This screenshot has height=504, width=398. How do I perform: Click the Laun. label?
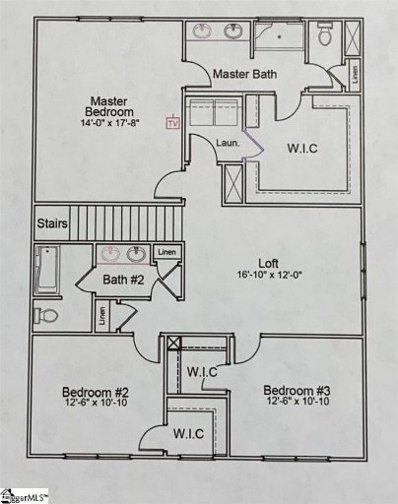[x=229, y=144]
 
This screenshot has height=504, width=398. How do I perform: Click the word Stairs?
[x=53, y=224]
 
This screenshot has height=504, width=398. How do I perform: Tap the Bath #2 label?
[x=124, y=281]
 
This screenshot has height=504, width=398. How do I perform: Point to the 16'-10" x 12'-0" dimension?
[x=268, y=276]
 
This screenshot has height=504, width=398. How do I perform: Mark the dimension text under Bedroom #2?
[x=90, y=403]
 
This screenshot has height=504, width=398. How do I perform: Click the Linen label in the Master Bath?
[x=354, y=73]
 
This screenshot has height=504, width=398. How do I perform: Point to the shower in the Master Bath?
[x=280, y=38]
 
